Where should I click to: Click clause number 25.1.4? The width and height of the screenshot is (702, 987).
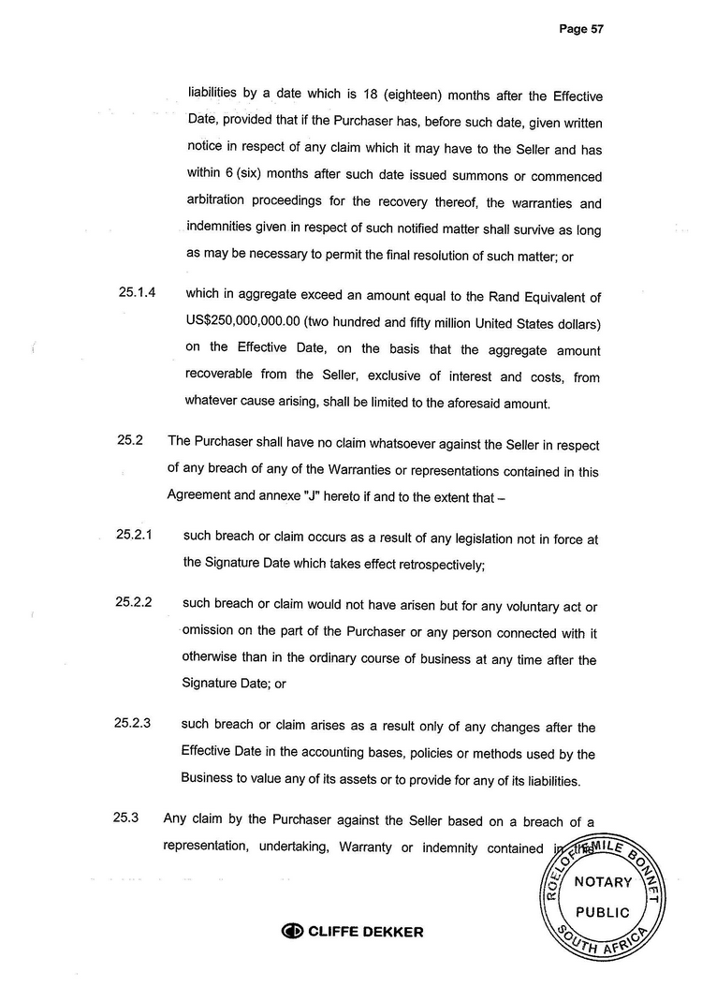tap(137, 293)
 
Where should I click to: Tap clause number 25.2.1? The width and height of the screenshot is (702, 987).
tap(135, 534)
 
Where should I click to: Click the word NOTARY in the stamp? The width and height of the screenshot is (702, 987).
tap(603, 881)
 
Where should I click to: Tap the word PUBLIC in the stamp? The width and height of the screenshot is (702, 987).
tap(603, 911)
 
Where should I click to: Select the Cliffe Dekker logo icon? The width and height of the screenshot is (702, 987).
tap(292, 932)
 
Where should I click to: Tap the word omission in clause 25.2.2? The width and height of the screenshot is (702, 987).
tap(212, 631)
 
